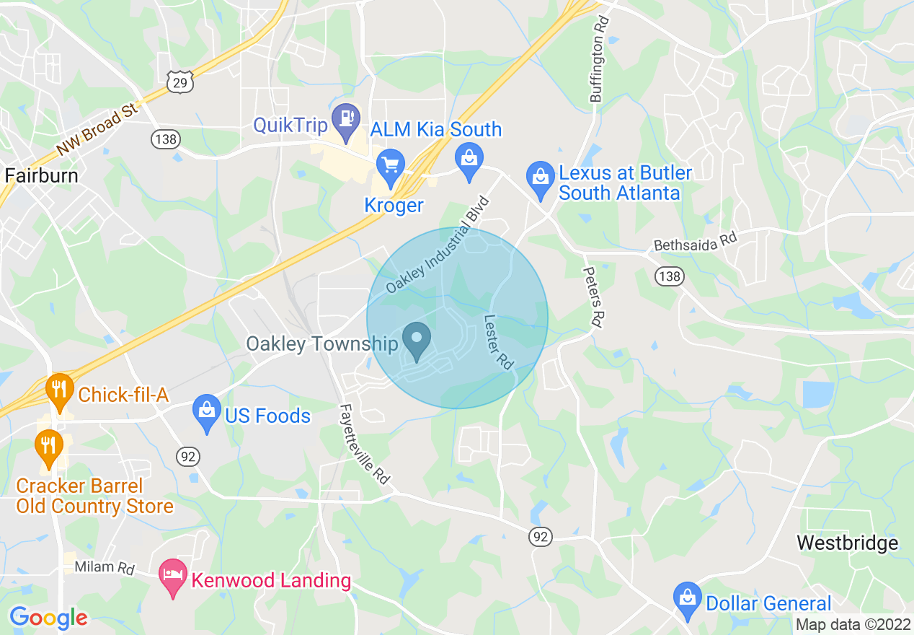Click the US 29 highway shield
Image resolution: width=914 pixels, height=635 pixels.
pos(180,82)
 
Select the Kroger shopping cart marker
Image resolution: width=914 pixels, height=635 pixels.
pos(391,169)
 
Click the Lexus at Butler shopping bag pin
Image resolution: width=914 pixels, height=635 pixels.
pos(540,180)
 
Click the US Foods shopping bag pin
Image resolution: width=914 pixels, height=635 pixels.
pos(207,413)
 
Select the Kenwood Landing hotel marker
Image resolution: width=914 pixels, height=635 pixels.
pos(173,577)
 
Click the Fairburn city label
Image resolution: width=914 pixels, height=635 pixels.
pos(41,175)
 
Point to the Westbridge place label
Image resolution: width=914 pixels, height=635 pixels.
pos(848,543)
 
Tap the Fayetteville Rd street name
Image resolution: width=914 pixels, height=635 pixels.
pos(364,444)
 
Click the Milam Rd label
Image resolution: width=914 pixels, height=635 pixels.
pos(105,567)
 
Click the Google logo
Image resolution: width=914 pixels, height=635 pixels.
pos(48,618)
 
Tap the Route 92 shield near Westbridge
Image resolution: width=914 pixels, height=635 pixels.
pos(541,536)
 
